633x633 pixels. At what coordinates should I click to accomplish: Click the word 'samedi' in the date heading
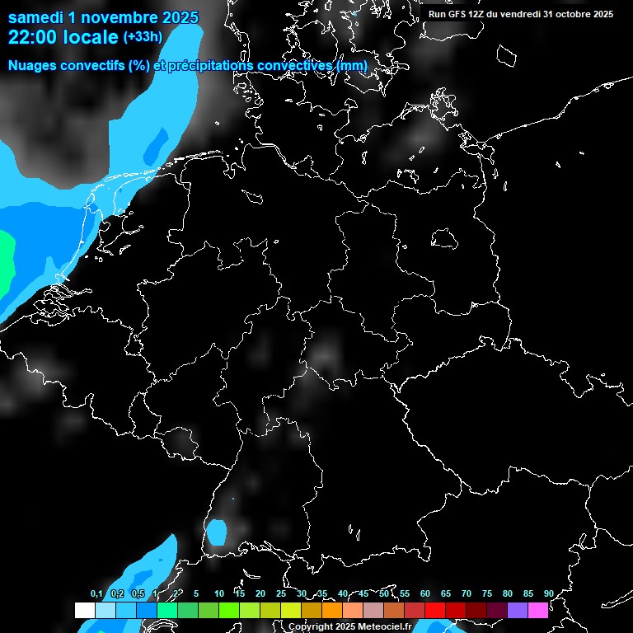35,17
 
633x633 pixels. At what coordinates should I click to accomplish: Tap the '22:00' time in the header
33,37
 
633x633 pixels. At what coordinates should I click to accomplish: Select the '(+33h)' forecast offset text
143,36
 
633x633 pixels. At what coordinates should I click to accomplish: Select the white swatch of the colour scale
85,610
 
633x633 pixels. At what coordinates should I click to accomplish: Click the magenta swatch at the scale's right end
538,610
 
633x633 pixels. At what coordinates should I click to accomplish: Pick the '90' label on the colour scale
548,594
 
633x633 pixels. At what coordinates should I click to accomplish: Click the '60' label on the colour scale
425,594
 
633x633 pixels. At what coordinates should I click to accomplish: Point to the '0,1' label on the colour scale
96,594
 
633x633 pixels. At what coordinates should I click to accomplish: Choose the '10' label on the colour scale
219,594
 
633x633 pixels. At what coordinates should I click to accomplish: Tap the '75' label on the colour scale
487,594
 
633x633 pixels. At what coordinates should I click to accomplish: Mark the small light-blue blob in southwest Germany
217,532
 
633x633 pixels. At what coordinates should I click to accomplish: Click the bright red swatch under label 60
435,610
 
